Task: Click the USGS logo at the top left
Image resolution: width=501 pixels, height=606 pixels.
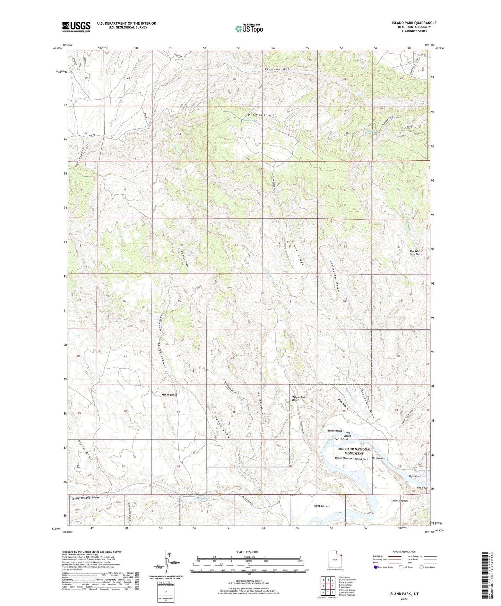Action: click(76, 27)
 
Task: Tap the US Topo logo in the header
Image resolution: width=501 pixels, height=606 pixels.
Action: click(249, 28)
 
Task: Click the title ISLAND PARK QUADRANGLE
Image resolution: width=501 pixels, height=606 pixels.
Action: click(414, 23)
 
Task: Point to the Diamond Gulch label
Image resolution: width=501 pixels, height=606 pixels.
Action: click(279, 69)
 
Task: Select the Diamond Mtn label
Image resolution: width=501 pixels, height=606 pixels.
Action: click(262, 115)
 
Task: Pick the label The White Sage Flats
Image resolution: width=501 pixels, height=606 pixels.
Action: click(416, 253)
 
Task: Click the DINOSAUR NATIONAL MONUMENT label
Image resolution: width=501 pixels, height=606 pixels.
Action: click(354, 451)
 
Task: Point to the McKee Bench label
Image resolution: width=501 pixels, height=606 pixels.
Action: click(170, 395)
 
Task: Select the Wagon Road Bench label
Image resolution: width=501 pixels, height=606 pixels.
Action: click(299, 398)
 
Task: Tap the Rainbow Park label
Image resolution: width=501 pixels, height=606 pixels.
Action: click(322, 506)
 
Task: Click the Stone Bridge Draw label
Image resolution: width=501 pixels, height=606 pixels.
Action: click(85, 498)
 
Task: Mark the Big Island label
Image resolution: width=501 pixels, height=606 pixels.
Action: click(414, 476)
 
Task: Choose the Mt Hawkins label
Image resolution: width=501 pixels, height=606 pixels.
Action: click(378, 458)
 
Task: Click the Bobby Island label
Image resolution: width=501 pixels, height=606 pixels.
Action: click(335, 431)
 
